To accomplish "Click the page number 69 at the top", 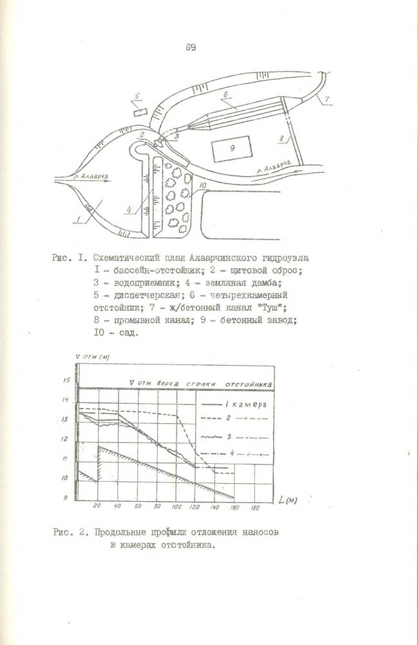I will [x=191, y=47].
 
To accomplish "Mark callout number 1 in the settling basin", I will [x=79, y=219].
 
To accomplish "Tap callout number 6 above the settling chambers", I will [x=226, y=94].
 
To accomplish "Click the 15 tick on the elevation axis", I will [x=64, y=381].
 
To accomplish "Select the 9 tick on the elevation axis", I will [x=64, y=499].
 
